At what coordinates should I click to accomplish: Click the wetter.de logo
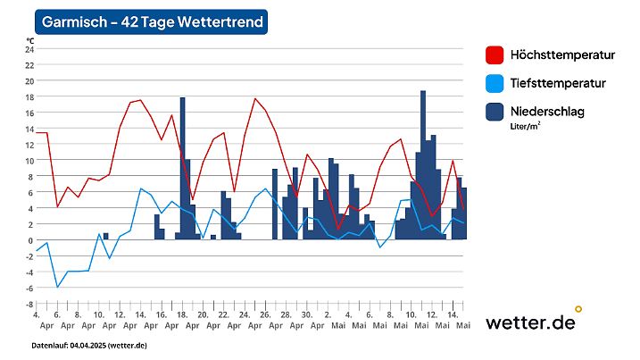(x=532, y=322)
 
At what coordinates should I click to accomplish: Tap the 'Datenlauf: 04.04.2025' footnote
(x=89, y=345)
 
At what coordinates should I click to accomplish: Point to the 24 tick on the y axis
(x=29, y=49)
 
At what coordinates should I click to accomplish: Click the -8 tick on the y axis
(x=29, y=304)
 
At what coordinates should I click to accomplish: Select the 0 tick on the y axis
(x=30, y=240)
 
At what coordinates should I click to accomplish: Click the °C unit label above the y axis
(x=30, y=41)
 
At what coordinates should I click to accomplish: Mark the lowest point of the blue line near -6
(x=57, y=287)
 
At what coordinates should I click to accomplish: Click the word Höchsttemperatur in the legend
(x=562, y=55)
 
